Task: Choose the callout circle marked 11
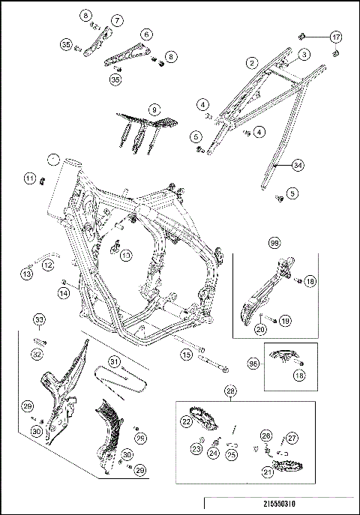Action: click(29, 178)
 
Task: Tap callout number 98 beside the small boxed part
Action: click(253, 363)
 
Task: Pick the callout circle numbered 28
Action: click(231, 391)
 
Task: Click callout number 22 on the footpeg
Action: click(184, 422)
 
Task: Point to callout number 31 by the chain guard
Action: click(114, 361)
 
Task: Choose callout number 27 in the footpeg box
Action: click(292, 436)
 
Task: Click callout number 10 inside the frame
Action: click(125, 255)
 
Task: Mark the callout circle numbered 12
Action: click(46, 264)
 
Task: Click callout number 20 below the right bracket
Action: click(261, 328)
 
